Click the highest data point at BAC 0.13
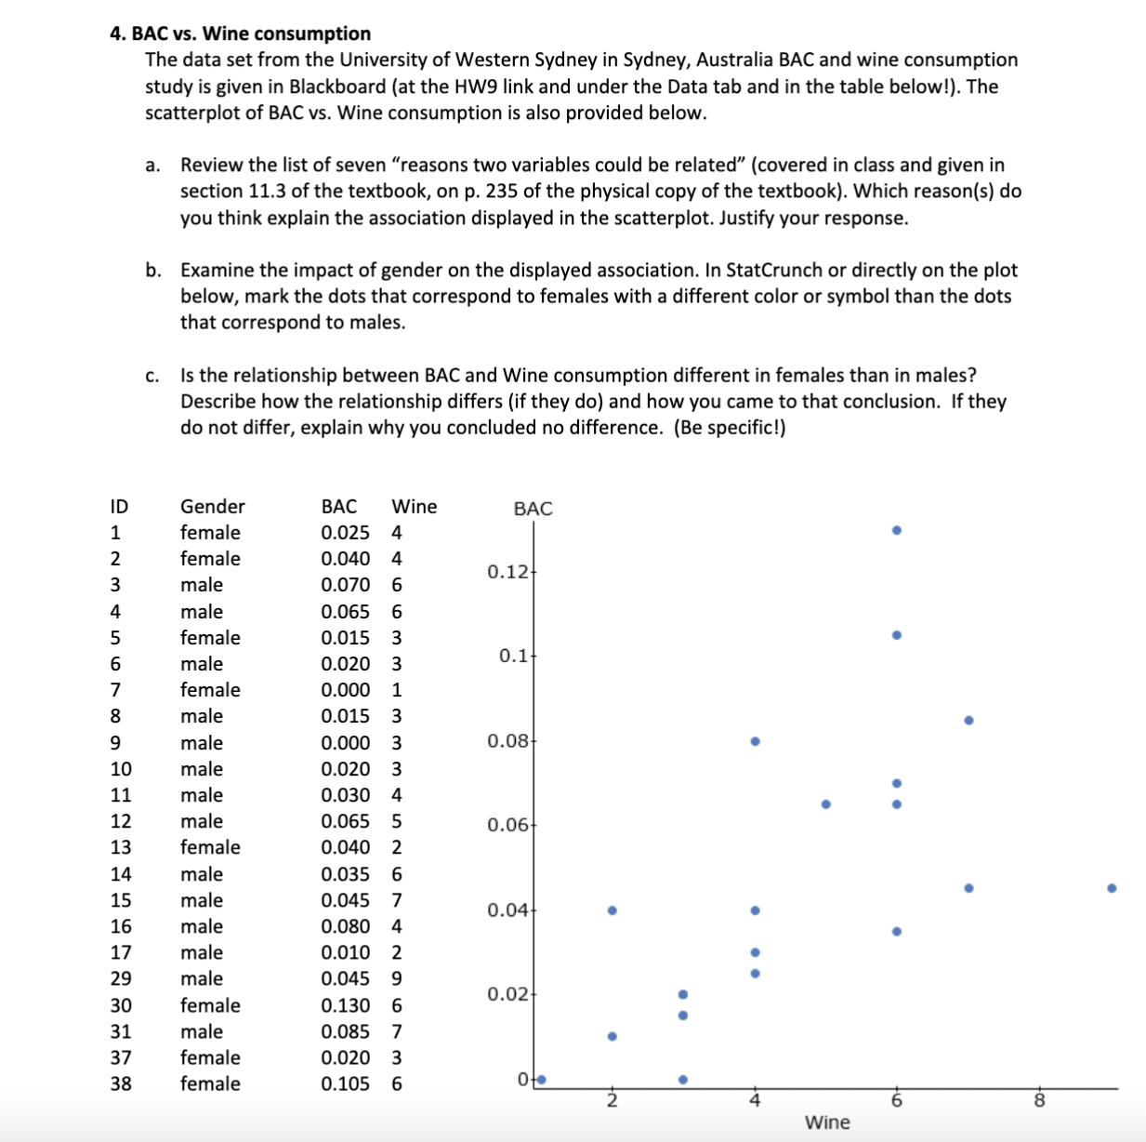[896, 530]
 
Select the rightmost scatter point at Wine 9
[1111, 888]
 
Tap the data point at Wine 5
[825, 804]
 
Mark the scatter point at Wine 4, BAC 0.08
[755, 741]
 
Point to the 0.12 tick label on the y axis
[507, 571]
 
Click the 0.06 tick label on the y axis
[507, 825]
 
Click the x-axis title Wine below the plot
[827, 1122]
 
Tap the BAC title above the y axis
[533, 509]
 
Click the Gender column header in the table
[212, 506]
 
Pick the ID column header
[119, 506]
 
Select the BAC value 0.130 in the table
[345, 1005]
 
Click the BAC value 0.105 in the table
[345, 1083]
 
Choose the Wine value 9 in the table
[397, 978]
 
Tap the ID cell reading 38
[121, 1083]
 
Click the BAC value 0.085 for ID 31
[345, 1031]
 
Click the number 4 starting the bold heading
[115, 33]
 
